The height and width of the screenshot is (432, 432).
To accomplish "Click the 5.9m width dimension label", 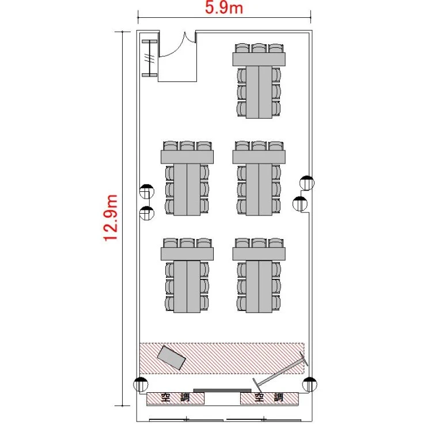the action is click(x=224, y=7).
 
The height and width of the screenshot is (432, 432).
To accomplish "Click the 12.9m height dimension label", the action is click(x=111, y=218).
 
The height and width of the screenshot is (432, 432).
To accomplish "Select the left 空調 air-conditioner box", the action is click(x=175, y=398).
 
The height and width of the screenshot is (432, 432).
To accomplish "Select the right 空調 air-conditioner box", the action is click(x=269, y=398).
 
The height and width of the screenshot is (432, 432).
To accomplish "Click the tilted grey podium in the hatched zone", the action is click(x=172, y=357).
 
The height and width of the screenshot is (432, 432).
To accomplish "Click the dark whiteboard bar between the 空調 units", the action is click(x=222, y=391).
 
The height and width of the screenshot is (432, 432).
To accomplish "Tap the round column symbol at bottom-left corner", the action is click(x=141, y=384).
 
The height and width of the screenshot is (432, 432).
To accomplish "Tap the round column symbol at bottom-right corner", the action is click(x=310, y=384).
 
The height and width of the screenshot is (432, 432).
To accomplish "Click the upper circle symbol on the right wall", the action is click(x=307, y=183).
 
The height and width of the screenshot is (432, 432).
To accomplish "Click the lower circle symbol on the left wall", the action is click(x=147, y=214).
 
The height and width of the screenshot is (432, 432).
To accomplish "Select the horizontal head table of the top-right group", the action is click(x=259, y=59).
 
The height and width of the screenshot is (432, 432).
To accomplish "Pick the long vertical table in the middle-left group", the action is click(x=187, y=190).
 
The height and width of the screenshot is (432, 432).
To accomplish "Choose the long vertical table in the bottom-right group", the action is click(x=259, y=286).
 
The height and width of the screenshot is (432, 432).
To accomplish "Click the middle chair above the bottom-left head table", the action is click(x=187, y=243).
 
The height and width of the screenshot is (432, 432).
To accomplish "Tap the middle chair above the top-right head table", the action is click(x=259, y=48).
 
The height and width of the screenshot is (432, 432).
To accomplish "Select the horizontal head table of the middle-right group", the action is click(x=259, y=157).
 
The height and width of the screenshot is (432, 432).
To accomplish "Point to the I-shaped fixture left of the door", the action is click(x=150, y=58).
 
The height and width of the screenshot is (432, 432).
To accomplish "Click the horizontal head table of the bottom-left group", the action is click(x=187, y=254).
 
